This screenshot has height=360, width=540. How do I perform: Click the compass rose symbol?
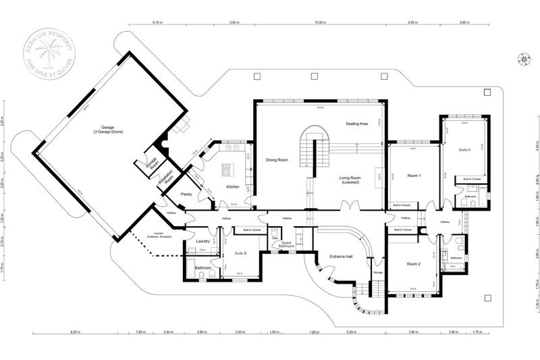pos(523,59)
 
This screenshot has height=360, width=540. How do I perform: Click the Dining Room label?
pos(277,160)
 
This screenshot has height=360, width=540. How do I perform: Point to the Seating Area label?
pos(356,124)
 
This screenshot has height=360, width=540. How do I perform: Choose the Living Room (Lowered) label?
pos(350,180)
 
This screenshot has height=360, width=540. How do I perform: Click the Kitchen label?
pos(233,186)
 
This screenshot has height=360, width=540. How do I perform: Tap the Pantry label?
pos(187,195)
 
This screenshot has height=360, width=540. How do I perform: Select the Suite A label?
pos(464,149)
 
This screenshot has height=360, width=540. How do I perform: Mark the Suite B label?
pos(240,253)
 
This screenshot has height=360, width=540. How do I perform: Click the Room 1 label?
pos(414,176)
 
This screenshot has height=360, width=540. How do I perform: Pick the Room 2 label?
pos(413,264)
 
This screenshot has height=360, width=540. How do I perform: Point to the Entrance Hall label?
pos(341,257)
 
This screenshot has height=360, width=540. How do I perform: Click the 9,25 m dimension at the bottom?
pos(75,333)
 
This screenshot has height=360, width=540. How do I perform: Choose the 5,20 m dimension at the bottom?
pos(351,333)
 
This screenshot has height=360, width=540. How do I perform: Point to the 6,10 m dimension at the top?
pos(158,22)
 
